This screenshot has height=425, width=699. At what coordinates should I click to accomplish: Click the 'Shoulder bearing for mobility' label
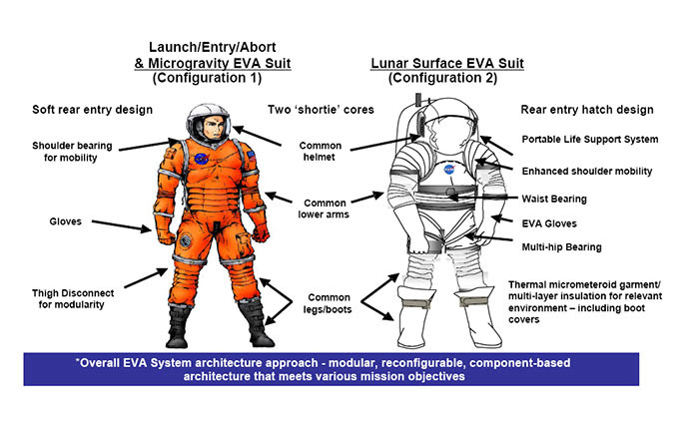[x=71, y=152]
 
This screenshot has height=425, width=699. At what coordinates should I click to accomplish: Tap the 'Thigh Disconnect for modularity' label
[x=72, y=299]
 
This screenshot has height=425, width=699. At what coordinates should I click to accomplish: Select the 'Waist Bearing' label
[x=554, y=199]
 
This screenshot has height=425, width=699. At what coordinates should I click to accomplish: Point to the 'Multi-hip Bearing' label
[x=561, y=246]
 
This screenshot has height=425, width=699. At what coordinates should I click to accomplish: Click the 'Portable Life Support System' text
[x=590, y=139]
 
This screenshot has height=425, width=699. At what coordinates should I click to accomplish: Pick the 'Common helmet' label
[x=320, y=151]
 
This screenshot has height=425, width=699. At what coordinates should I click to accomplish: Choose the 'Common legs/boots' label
[x=329, y=303]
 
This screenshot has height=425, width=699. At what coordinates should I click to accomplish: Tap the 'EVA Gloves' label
[x=549, y=223]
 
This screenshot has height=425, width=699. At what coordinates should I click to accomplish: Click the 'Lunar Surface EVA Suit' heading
[x=447, y=63]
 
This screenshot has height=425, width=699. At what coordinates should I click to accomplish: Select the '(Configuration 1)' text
[x=207, y=78]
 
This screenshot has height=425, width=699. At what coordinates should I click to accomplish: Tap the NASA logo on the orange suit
[x=201, y=159]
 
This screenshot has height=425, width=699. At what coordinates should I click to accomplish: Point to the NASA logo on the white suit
[x=449, y=170]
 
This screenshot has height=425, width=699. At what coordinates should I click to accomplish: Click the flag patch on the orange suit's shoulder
[x=252, y=156]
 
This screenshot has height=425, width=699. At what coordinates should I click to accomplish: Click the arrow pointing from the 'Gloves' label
[x=122, y=225]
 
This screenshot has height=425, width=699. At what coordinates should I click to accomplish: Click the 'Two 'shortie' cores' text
[x=321, y=110]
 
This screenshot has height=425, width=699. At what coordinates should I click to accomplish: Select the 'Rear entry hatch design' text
[x=587, y=110]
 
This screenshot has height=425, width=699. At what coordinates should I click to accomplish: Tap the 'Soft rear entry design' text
[x=92, y=110]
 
